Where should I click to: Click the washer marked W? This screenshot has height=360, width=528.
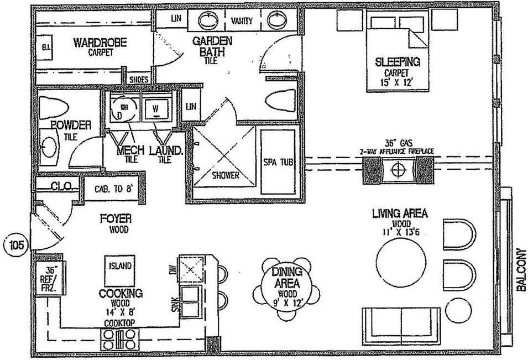click(x=156, y=106)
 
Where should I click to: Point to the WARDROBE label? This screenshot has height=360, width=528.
click(x=101, y=42)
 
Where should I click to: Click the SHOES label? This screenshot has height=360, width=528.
click(x=138, y=80)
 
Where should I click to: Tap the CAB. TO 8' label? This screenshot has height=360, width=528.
click(x=113, y=189)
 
